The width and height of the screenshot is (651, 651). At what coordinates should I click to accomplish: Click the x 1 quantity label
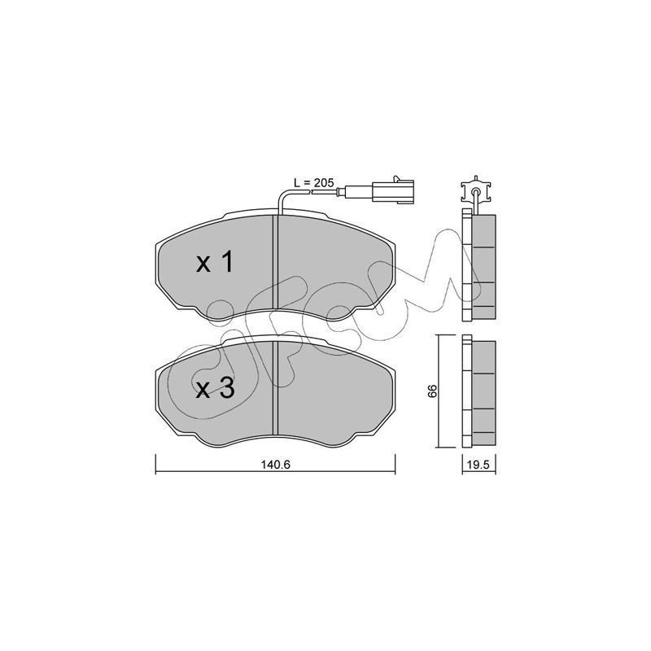215,262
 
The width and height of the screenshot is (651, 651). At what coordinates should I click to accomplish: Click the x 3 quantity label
215,388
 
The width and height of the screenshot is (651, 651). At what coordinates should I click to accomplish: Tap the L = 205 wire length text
313,182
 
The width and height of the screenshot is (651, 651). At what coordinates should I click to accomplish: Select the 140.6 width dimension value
275,465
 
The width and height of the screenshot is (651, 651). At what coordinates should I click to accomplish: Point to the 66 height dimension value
433,391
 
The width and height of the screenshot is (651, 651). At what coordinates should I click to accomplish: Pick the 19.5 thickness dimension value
479,465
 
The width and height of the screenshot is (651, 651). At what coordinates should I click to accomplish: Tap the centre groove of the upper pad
274,263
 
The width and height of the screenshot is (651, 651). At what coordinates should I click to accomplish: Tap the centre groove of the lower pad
274,389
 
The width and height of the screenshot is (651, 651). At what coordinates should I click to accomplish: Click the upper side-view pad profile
479,266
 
